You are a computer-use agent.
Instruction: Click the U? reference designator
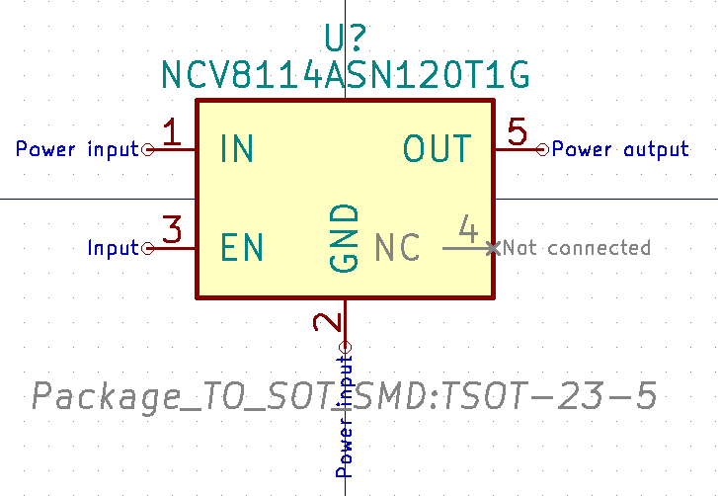(346, 38)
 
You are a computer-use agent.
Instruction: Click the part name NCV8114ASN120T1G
(346, 75)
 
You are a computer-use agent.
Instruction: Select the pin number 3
(172, 231)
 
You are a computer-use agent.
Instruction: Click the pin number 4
(468, 231)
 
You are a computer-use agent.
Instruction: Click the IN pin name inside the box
(237, 149)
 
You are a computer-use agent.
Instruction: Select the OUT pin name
(437, 149)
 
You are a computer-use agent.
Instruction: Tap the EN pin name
(242, 248)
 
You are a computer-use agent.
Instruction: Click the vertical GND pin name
(344, 239)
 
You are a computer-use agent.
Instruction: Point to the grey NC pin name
(398, 248)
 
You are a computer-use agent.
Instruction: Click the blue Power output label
(619, 150)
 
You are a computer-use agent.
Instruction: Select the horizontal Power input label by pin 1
(77, 150)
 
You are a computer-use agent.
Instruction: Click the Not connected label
(578, 248)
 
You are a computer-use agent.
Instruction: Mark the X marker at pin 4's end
(492, 247)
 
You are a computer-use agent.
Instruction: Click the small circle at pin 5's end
(542, 149)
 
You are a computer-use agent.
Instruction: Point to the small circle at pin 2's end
(345, 346)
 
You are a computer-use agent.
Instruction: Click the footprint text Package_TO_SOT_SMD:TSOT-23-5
(345, 397)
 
